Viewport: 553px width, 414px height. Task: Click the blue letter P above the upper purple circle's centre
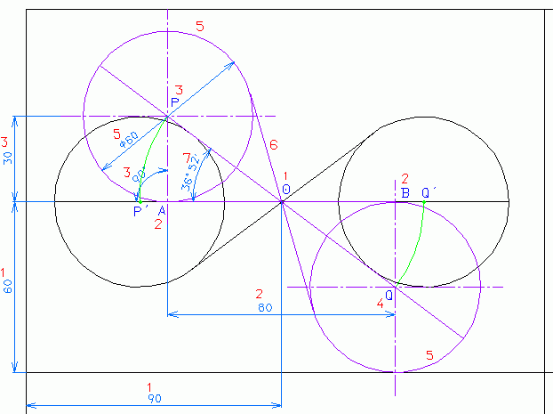coord(175,102)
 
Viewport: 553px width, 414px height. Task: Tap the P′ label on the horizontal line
coord(140,212)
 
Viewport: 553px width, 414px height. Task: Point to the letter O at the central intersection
coord(286,190)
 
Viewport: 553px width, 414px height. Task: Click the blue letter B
coord(405,192)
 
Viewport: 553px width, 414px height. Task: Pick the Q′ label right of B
coord(429,192)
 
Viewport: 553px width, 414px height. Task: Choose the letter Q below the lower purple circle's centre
coord(389,295)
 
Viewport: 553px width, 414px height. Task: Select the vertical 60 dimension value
coord(7,286)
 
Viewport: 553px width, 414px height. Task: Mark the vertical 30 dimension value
coord(7,158)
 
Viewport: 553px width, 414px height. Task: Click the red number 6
coord(274,144)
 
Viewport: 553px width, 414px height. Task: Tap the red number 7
coord(186,158)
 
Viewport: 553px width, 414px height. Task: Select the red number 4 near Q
coord(381,304)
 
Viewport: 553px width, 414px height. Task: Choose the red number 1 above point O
coord(285,176)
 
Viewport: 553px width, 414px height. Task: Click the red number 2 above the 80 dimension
coord(260,294)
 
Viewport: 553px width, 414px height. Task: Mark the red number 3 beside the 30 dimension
coord(5,142)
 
